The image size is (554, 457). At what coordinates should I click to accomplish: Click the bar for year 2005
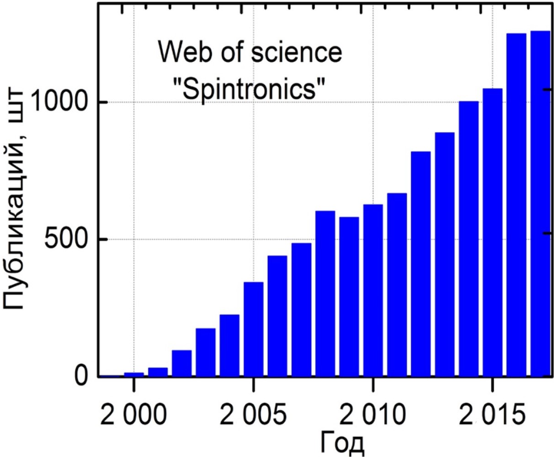click(253, 329)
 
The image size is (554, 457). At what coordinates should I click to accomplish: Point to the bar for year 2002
click(181, 363)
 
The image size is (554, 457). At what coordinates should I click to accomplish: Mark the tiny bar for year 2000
click(134, 375)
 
